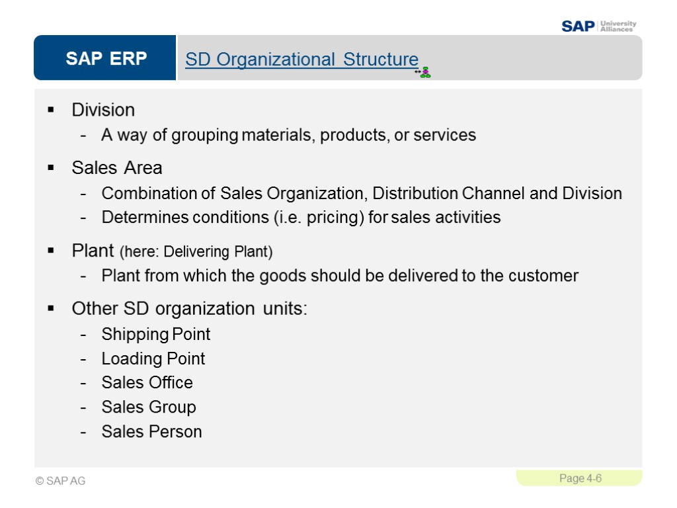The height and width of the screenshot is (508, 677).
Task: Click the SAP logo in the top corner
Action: pyautogui.click(x=578, y=26)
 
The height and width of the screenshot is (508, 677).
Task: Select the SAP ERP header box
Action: pyautogui.click(x=106, y=59)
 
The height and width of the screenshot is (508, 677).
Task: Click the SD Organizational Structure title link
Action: pyautogui.click(x=301, y=60)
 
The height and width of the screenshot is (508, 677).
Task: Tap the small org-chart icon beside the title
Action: pyautogui.click(x=424, y=72)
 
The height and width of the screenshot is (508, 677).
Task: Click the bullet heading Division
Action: pyautogui.click(x=103, y=110)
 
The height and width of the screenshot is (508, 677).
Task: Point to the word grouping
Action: pyautogui.click(x=205, y=136)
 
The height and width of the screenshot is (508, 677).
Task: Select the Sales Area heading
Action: pyautogui.click(x=117, y=168)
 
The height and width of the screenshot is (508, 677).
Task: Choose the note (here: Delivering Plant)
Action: pyautogui.click(x=196, y=252)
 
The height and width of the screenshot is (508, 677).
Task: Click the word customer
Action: pyautogui.click(x=544, y=275)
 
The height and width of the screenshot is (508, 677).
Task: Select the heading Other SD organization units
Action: pyautogui.click(x=189, y=309)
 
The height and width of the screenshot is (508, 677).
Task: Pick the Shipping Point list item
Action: pyautogui.click(x=156, y=334)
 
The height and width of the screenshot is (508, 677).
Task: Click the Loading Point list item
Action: pyautogui.click(x=153, y=359)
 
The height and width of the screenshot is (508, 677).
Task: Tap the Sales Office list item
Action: pyautogui.click(x=147, y=382)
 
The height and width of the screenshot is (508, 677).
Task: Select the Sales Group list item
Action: pyautogui.click(x=149, y=407)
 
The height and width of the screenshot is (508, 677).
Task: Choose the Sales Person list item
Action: pyautogui.click(x=151, y=431)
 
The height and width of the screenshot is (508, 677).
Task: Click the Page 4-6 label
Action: pyautogui.click(x=580, y=478)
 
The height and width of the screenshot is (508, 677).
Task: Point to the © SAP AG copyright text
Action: pyautogui.click(x=61, y=481)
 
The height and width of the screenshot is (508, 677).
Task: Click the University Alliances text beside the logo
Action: pyautogui.click(x=618, y=26)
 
